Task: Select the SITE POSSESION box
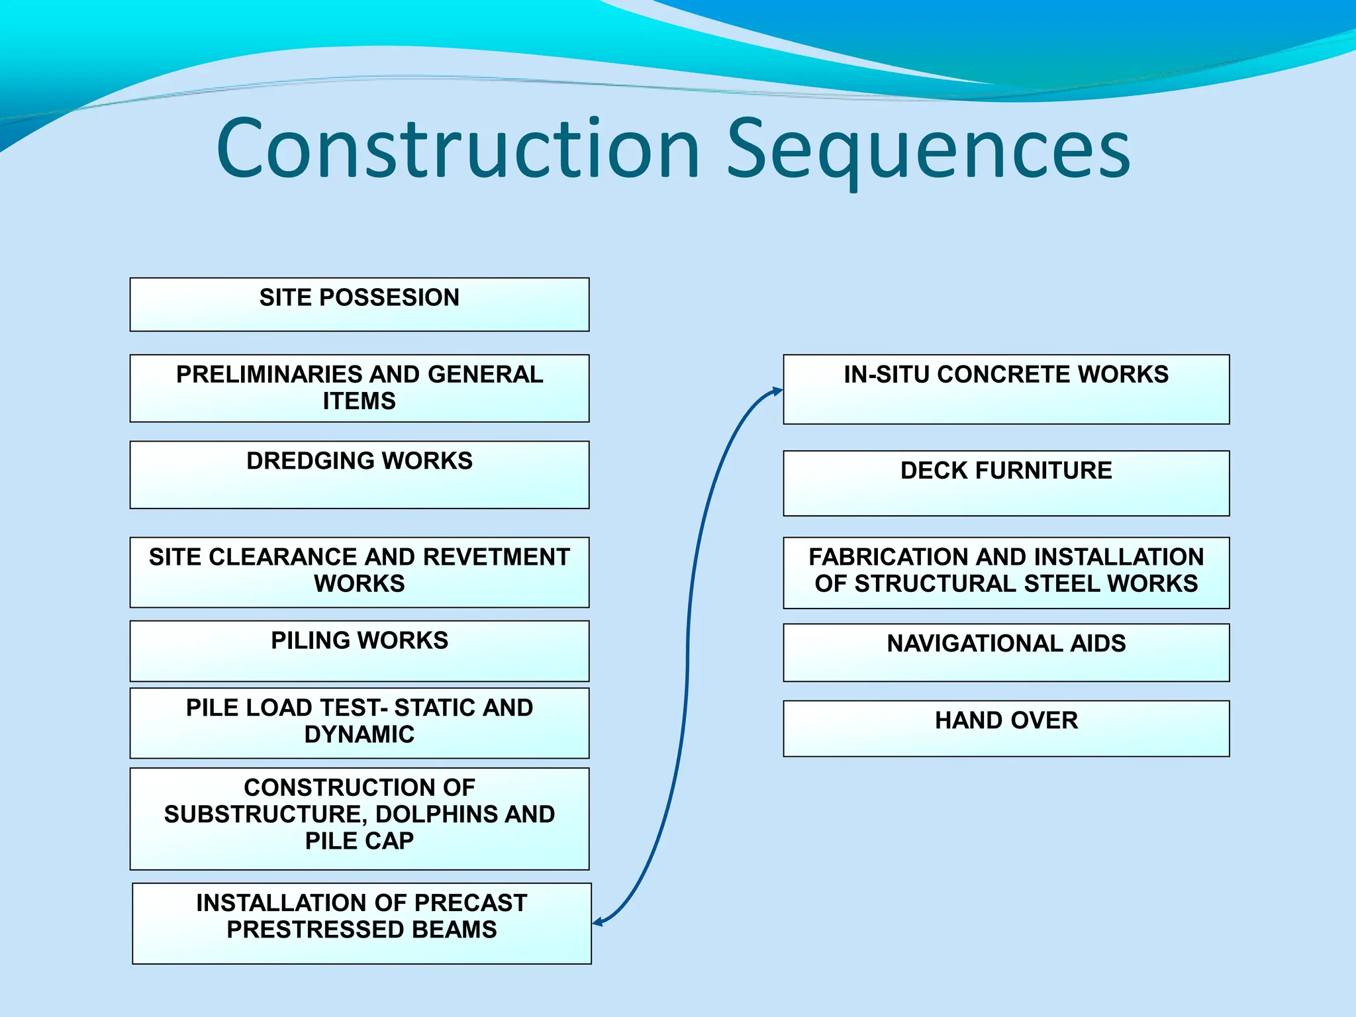pyautogui.click(x=359, y=305)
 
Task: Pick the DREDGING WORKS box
pyautogui.click(x=359, y=475)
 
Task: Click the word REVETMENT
pyautogui.click(x=496, y=557)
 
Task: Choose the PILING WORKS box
pyautogui.click(x=359, y=651)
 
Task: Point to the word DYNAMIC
pyautogui.click(x=359, y=734)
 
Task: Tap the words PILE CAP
pyautogui.click(x=359, y=841)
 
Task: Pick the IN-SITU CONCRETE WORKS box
pyautogui.click(x=1006, y=389)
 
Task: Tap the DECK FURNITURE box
pyautogui.click(x=1006, y=483)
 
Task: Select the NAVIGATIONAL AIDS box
pyautogui.click(x=1006, y=652)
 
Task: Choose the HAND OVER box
pyautogui.click(x=1006, y=728)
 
